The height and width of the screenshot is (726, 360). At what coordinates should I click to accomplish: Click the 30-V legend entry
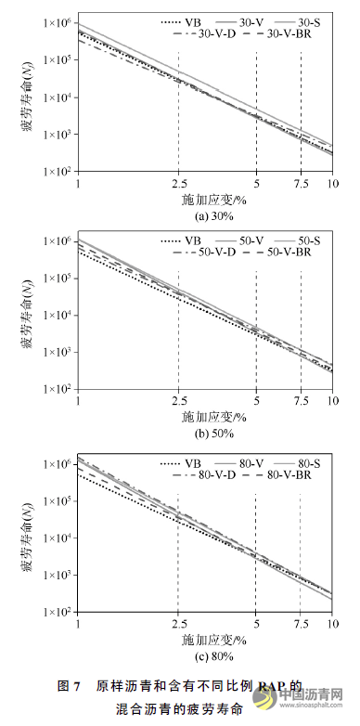[253, 19]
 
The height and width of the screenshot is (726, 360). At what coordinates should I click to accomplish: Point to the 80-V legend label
[253, 460]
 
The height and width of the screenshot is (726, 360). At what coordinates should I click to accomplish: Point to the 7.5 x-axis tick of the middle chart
[301, 400]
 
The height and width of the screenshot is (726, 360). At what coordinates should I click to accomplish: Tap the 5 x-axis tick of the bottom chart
[254, 623]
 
